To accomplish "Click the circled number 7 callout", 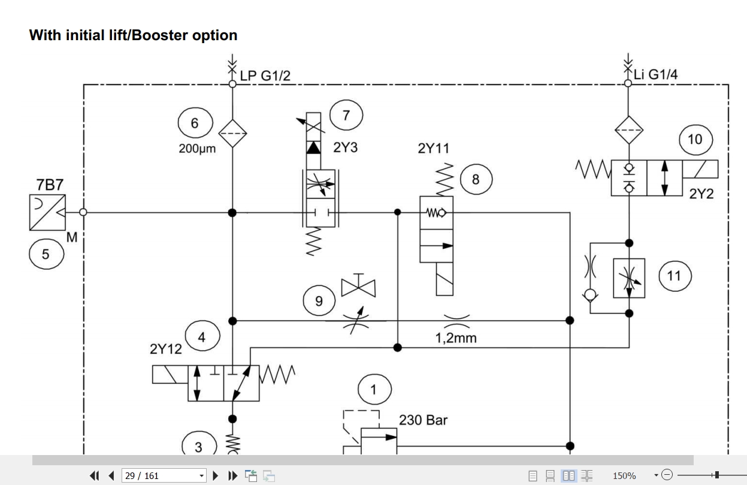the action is click(346, 115).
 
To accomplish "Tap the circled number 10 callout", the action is click(695, 140).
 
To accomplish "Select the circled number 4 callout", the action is click(202, 336).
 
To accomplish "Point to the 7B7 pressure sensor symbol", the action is click(47, 213).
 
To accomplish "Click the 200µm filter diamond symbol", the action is click(232, 134).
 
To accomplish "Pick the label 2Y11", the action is click(434, 149).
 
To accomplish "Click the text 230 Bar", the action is click(423, 420).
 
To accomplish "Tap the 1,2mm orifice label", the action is click(456, 338).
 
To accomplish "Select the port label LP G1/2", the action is click(265, 76).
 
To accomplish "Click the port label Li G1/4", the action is click(655, 74).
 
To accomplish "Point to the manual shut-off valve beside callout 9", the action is click(358, 287).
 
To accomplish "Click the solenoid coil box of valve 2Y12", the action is click(170, 374).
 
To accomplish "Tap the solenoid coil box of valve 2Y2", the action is click(700, 169).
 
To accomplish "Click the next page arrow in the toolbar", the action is click(215, 475).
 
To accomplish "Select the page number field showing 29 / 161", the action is click(164, 475).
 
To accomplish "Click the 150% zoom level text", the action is click(624, 475).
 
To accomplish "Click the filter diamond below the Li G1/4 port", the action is click(629, 130).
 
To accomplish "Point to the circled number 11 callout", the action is click(675, 276).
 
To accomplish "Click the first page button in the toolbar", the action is click(95, 475).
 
